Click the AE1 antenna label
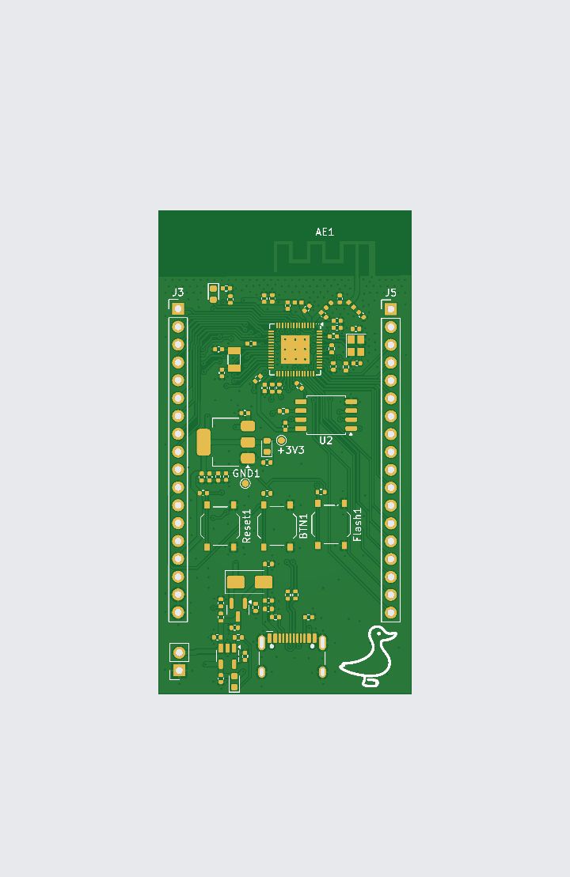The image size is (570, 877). tap(325, 232)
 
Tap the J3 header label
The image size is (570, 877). tap(177, 292)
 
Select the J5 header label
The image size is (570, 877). tap(390, 292)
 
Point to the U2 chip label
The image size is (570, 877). tap(326, 440)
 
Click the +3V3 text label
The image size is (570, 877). tap(291, 450)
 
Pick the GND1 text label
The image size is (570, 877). tap(246, 473)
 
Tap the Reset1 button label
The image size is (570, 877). tap(246, 526)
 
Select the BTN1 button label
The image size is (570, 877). tap(303, 527)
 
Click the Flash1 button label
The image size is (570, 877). tap(357, 524)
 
